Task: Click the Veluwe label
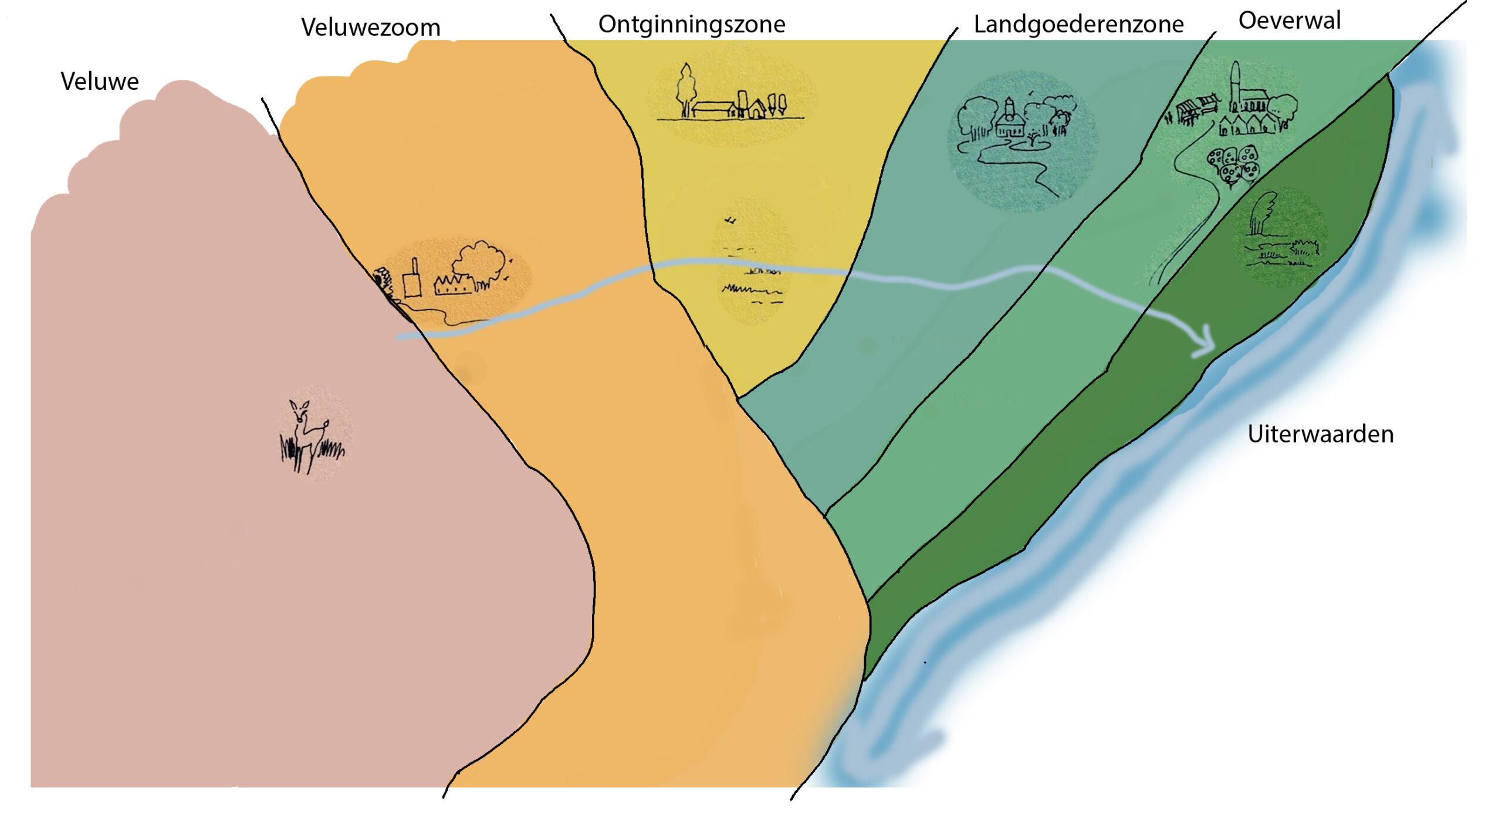100,82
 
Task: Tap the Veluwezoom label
371,28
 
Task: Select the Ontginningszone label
692,25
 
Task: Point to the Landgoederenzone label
1078,25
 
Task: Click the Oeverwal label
1290,21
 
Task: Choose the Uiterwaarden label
1320,434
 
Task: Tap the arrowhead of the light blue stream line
1206,343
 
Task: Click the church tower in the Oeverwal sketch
1235,85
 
